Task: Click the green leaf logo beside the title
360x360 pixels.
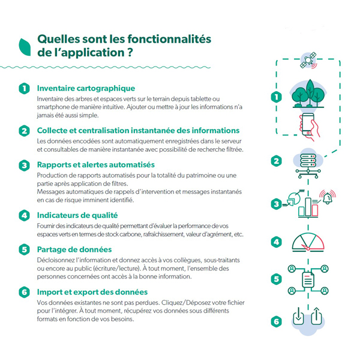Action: click(x=25, y=46)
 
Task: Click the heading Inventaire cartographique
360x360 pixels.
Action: click(x=86, y=88)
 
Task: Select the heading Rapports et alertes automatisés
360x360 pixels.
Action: click(x=96, y=164)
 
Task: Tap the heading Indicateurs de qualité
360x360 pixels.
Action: click(x=77, y=214)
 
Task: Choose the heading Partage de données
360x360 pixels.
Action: click(x=74, y=249)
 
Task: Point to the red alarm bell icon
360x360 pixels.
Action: click(x=328, y=197)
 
